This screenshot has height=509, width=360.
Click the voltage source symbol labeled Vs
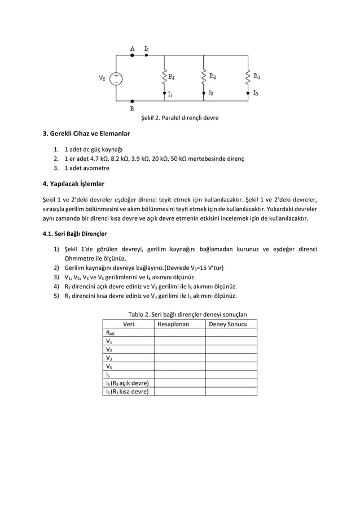[116, 78]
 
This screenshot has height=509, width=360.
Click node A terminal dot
[132, 55]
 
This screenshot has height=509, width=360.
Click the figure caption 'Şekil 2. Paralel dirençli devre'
[179, 118]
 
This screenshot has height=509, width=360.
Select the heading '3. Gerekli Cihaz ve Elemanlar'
[87, 134]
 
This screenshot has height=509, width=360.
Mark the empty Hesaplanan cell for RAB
[179, 332]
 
